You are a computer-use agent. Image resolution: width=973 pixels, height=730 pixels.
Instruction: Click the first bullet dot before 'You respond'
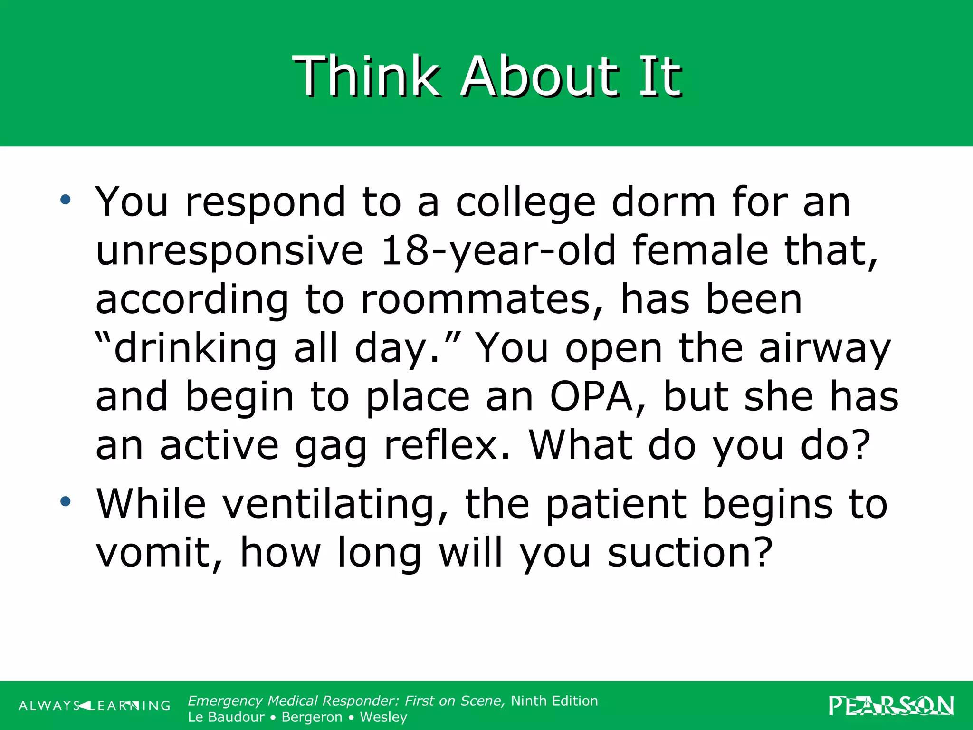click(x=65, y=200)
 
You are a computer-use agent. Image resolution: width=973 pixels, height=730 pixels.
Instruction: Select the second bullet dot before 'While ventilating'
click(x=65, y=501)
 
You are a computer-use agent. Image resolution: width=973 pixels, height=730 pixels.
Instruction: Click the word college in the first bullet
click(x=525, y=203)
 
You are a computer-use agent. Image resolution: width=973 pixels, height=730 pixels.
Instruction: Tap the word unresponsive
click(x=229, y=252)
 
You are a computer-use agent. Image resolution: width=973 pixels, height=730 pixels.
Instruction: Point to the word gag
click(x=331, y=447)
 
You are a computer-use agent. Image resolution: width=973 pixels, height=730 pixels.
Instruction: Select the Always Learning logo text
click(x=95, y=706)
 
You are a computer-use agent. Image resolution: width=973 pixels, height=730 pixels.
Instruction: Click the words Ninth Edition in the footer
click(x=554, y=701)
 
